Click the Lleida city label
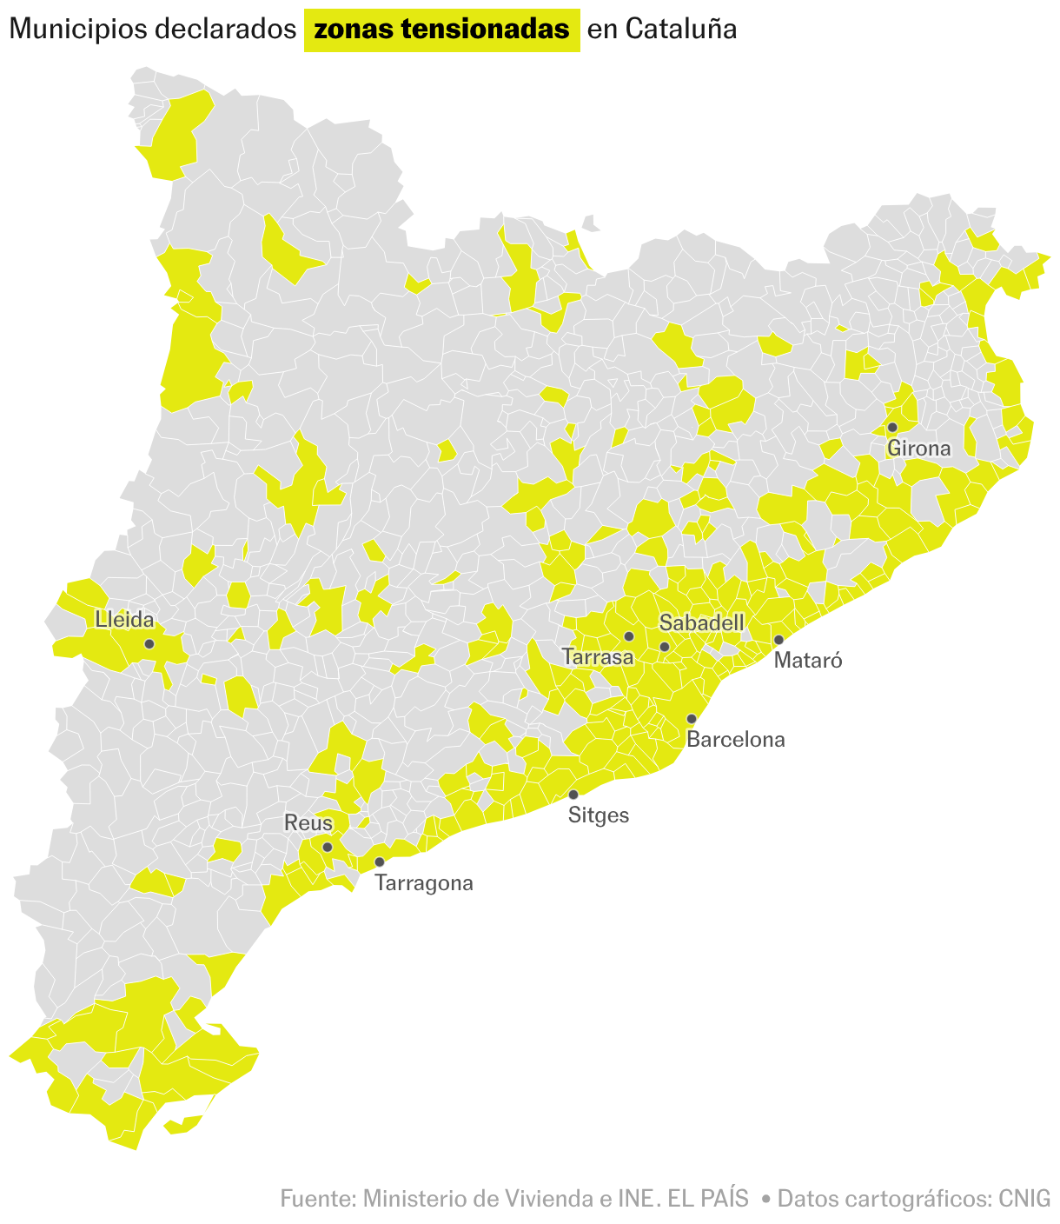(124, 620)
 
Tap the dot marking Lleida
(149, 644)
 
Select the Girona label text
(918, 449)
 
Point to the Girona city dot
(892, 427)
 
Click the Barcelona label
(735, 740)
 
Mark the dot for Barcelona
(692, 719)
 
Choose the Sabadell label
(701, 622)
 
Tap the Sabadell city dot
(665, 647)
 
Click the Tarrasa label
(598, 657)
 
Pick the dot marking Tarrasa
(629, 636)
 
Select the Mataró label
(808, 661)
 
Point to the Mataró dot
(778, 640)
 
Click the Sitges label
(598, 815)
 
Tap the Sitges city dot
(573, 795)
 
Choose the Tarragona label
(424, 883)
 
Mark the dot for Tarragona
(380, 862)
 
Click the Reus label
(308, 823)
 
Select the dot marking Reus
(328, 847)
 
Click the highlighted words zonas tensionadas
(441, 30)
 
